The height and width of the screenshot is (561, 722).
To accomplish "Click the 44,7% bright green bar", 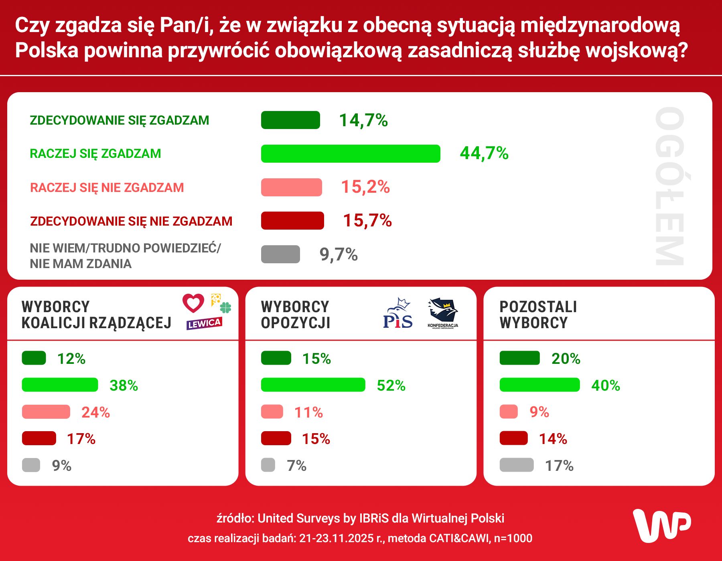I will coord(350,153).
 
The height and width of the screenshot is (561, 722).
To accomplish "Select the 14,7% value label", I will coord(363,120).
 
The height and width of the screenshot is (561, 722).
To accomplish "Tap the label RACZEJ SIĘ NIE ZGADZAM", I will coord(107,188).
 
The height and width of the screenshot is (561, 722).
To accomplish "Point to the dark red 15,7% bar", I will coord(292,221).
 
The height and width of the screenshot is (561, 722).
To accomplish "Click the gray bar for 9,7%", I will coord(280,254).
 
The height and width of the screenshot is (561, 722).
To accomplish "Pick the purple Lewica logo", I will coord(204,323).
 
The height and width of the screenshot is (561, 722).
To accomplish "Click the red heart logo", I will coord(193,303).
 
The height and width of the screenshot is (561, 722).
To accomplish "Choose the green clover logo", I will coord(226,308).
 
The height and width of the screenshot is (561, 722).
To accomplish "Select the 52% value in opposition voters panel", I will coord(391,385).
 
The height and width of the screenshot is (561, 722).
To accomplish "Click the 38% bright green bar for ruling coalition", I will coord(60,385).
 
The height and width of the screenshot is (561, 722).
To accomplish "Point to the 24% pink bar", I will coord(46,412).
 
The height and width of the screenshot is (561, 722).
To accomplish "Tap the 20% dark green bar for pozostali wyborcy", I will coord(519,358).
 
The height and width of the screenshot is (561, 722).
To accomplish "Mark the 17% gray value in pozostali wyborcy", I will coord(559,466).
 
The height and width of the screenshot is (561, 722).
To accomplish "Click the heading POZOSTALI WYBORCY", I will coord(538,315).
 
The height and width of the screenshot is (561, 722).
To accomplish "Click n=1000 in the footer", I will coord(513,538).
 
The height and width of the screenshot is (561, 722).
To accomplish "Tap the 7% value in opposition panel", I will coord(296,466).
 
